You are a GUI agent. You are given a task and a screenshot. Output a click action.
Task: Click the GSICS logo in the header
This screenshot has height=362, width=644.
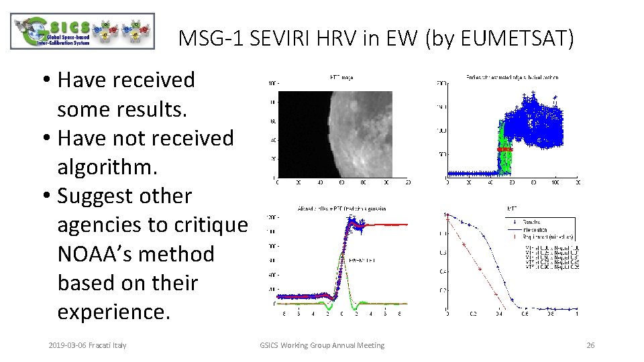tap(83, 32)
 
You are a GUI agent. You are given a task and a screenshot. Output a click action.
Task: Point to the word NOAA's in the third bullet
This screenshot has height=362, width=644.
tap(97, 254)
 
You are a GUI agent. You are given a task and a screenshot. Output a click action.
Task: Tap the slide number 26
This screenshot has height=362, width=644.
tap(590, 345)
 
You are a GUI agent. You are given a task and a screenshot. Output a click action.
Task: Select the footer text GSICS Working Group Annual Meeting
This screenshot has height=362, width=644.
tap(322, 345)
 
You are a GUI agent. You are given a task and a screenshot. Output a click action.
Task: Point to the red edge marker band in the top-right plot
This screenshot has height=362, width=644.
tap(504, 149)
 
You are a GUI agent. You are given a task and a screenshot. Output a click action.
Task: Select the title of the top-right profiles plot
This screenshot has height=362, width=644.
tap(512, 78)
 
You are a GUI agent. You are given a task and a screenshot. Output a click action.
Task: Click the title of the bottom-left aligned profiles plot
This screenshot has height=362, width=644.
tap(342, 209)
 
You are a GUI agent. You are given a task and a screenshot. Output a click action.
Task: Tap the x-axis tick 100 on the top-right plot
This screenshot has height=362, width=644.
tap(555, 182)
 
